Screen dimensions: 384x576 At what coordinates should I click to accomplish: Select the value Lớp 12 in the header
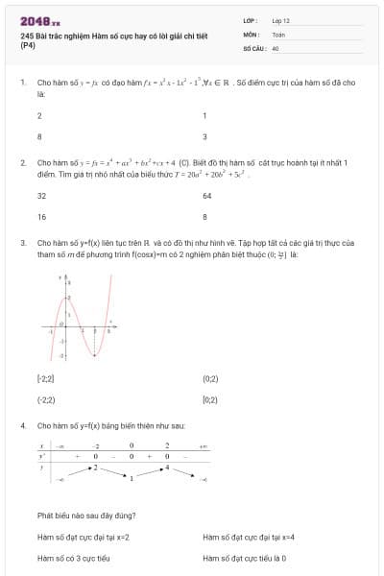click(x=281, y=20)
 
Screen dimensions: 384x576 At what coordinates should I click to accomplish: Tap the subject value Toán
click(x=278, y=33)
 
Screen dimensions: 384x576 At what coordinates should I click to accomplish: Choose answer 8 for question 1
click(x=39, y=137)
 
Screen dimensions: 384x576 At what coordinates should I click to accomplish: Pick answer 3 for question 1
click(x=204, y=137)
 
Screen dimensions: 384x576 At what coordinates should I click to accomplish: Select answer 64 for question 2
click(x=207, y=195)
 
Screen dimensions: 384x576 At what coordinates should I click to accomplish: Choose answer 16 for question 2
click(x=41, y=217)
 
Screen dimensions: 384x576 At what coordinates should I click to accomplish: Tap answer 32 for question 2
click(x=41, y=195)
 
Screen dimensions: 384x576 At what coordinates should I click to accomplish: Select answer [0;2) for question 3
click(x=211, y=399)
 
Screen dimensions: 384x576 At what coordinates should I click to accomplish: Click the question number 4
click(x=22, y=424)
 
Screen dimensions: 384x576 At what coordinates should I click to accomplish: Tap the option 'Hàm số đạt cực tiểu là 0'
click(x=245, y=559)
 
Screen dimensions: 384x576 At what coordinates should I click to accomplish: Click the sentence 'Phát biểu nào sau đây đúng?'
click(x=86, y=515)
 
